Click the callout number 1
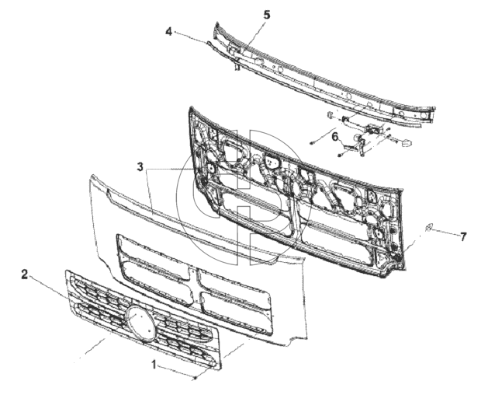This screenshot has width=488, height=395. [x=154, y=365]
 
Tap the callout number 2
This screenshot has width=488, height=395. [x=25, y=274]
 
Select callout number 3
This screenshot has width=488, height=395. [x=140, y=167]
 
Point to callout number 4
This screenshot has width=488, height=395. [x=168, y=32]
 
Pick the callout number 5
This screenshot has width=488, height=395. [x=267, y=15]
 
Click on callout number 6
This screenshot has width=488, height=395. [x=335, y=137]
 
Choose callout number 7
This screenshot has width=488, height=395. [x=463, y=237]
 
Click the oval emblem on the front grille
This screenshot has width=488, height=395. [x=140, y=323]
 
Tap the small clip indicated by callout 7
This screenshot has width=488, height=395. [x=428, y=228]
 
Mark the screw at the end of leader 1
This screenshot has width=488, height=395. [x=196, y=378]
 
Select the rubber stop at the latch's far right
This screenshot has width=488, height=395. [x=406, y=143]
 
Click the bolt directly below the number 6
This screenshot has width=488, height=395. [x=340, y=155]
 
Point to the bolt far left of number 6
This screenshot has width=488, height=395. [x=312, y=143]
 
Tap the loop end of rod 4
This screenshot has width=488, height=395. [x=209, y=43]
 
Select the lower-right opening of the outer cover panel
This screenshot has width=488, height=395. [x=237, y=313]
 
